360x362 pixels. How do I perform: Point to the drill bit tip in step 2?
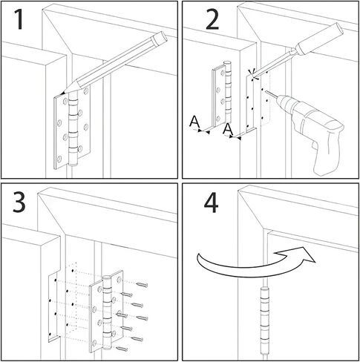264,95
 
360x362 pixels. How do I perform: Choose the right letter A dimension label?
227,131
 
